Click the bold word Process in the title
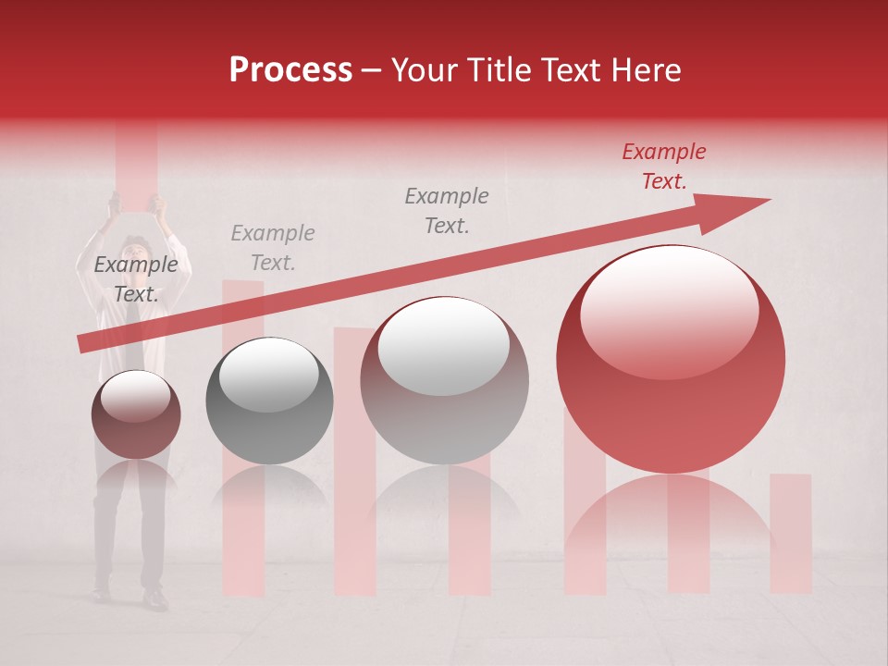290,70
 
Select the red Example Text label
663,166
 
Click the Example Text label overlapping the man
136,279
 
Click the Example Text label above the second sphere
273,248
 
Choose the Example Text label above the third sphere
447,210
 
